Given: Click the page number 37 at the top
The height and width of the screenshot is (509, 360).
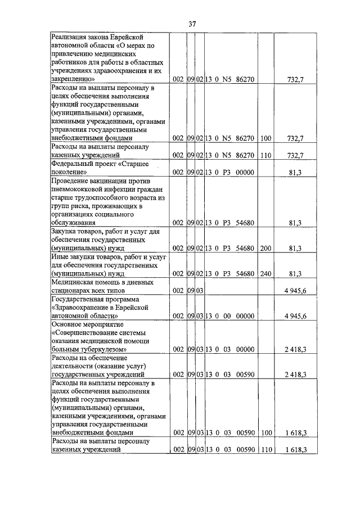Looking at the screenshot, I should point(192,24).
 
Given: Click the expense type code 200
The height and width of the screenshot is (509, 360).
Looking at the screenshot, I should point(266,248).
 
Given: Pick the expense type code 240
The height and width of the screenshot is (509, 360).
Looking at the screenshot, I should point(266,273).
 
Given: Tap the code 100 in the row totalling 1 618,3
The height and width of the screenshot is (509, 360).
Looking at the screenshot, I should point(266,433).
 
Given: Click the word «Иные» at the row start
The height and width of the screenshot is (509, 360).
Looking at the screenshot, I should point(60,256).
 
